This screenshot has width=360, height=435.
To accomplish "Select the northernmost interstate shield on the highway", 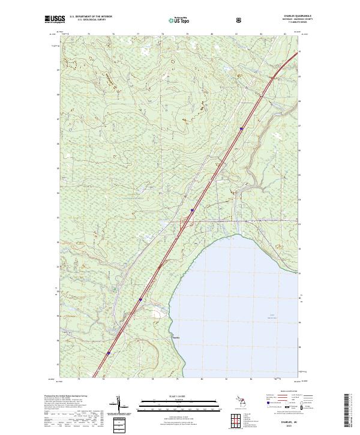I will coord(241,128).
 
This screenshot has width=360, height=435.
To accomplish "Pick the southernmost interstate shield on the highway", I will coord(109,353).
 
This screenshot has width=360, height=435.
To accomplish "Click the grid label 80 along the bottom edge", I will coord(202,380).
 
